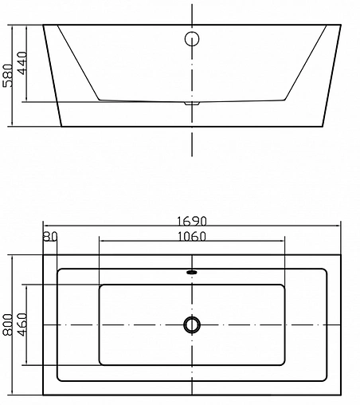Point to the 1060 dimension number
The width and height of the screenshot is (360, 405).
click(192, 236)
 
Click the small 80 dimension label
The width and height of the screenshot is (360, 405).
click(50, 236)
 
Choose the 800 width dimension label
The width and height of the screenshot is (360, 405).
click(10, 323)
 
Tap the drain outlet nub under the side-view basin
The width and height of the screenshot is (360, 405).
click(192, 103)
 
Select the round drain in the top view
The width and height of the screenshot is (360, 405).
click(192, 324)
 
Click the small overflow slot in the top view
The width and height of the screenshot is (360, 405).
click(192, 273)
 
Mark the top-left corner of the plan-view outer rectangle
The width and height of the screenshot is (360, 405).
click(42, 256)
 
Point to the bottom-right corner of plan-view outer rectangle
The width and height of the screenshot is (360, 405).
click(342, 393)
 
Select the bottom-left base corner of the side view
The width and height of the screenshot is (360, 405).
click(61, 126)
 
